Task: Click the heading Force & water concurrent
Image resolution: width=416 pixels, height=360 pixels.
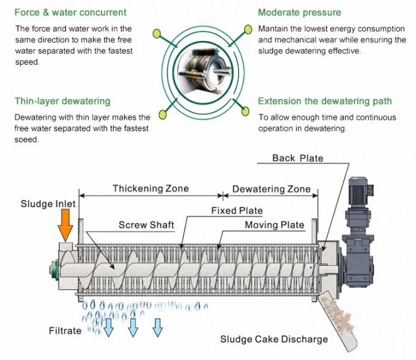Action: coord(70,12)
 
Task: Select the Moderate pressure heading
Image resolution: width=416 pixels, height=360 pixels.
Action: coord(299,12)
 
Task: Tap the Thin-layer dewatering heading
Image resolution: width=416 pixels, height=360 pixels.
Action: coord(62,101)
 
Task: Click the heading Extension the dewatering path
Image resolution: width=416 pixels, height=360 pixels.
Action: coord(325,101)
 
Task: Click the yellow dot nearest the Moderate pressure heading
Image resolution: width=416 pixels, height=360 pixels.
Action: coord(248,28)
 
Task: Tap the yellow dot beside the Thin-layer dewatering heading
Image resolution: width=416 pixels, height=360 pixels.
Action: coord(163,114)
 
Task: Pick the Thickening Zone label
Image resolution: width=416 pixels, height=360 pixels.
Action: coord(150,188)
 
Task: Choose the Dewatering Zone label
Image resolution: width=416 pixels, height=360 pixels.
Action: coord(271,189)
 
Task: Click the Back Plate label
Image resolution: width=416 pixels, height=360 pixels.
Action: coord(298,158)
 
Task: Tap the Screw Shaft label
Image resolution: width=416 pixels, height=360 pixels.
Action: coord(146,225)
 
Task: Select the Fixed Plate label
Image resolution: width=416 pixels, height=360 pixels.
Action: coord(237,211)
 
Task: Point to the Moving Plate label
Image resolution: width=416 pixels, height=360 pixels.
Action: coord(274,225)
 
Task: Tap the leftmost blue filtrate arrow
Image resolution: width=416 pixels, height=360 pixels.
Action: coord(108,327)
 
